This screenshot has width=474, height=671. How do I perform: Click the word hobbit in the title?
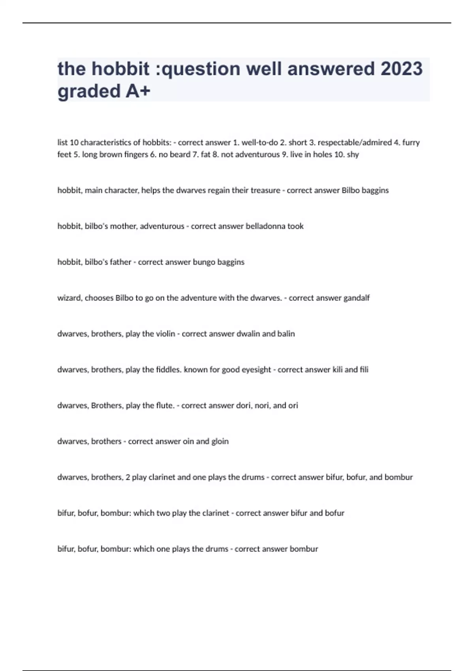120,69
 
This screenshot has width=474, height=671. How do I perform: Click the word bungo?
204,262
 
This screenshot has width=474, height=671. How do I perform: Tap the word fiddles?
167,370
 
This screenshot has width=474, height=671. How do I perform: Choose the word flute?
165,406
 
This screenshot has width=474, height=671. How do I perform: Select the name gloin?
220,441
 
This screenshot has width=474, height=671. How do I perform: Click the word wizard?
69,298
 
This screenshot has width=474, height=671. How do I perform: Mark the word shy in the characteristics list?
353,154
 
